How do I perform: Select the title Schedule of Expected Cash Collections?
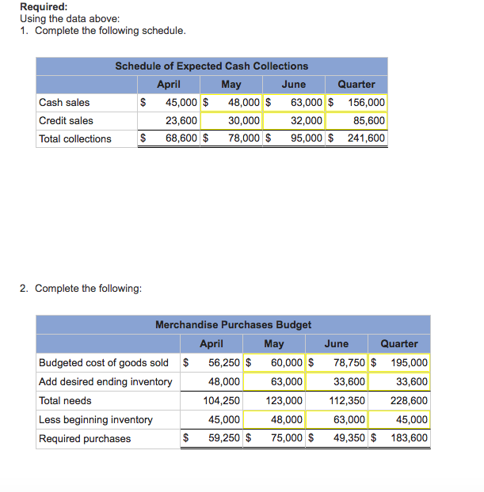[212, 66]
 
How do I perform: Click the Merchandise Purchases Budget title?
[233, 324]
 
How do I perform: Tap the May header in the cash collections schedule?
[231, 84]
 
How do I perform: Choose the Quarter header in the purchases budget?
[399, 343]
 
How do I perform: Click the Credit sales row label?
[66, 120]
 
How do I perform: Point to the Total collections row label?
[75, 138]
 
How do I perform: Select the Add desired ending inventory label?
[105, 381]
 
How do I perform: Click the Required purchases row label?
[85, 438]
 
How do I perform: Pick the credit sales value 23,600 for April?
[181, 120]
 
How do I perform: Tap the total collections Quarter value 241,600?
[366, 138]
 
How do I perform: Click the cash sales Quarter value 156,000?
[366, 102]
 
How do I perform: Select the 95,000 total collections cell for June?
[306, 138]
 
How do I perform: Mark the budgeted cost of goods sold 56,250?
[224, 362]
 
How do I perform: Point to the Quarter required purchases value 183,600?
[409, 438]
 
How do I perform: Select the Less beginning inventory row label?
[96, 419]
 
